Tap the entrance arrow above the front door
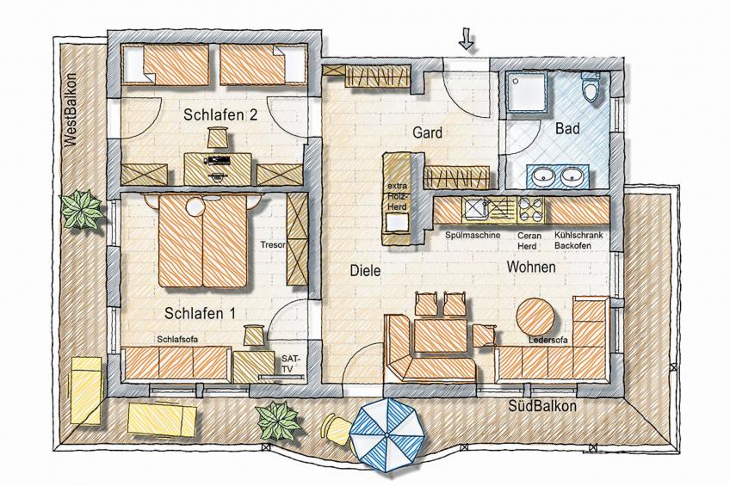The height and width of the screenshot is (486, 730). point(467,39)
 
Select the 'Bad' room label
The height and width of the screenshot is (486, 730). point(567,129)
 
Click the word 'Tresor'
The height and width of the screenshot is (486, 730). point(272,245)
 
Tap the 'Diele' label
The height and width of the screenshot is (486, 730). point(365,270)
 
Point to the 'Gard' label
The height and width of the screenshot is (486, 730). point(428,133)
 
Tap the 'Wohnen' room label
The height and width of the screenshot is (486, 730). point(530,268)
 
